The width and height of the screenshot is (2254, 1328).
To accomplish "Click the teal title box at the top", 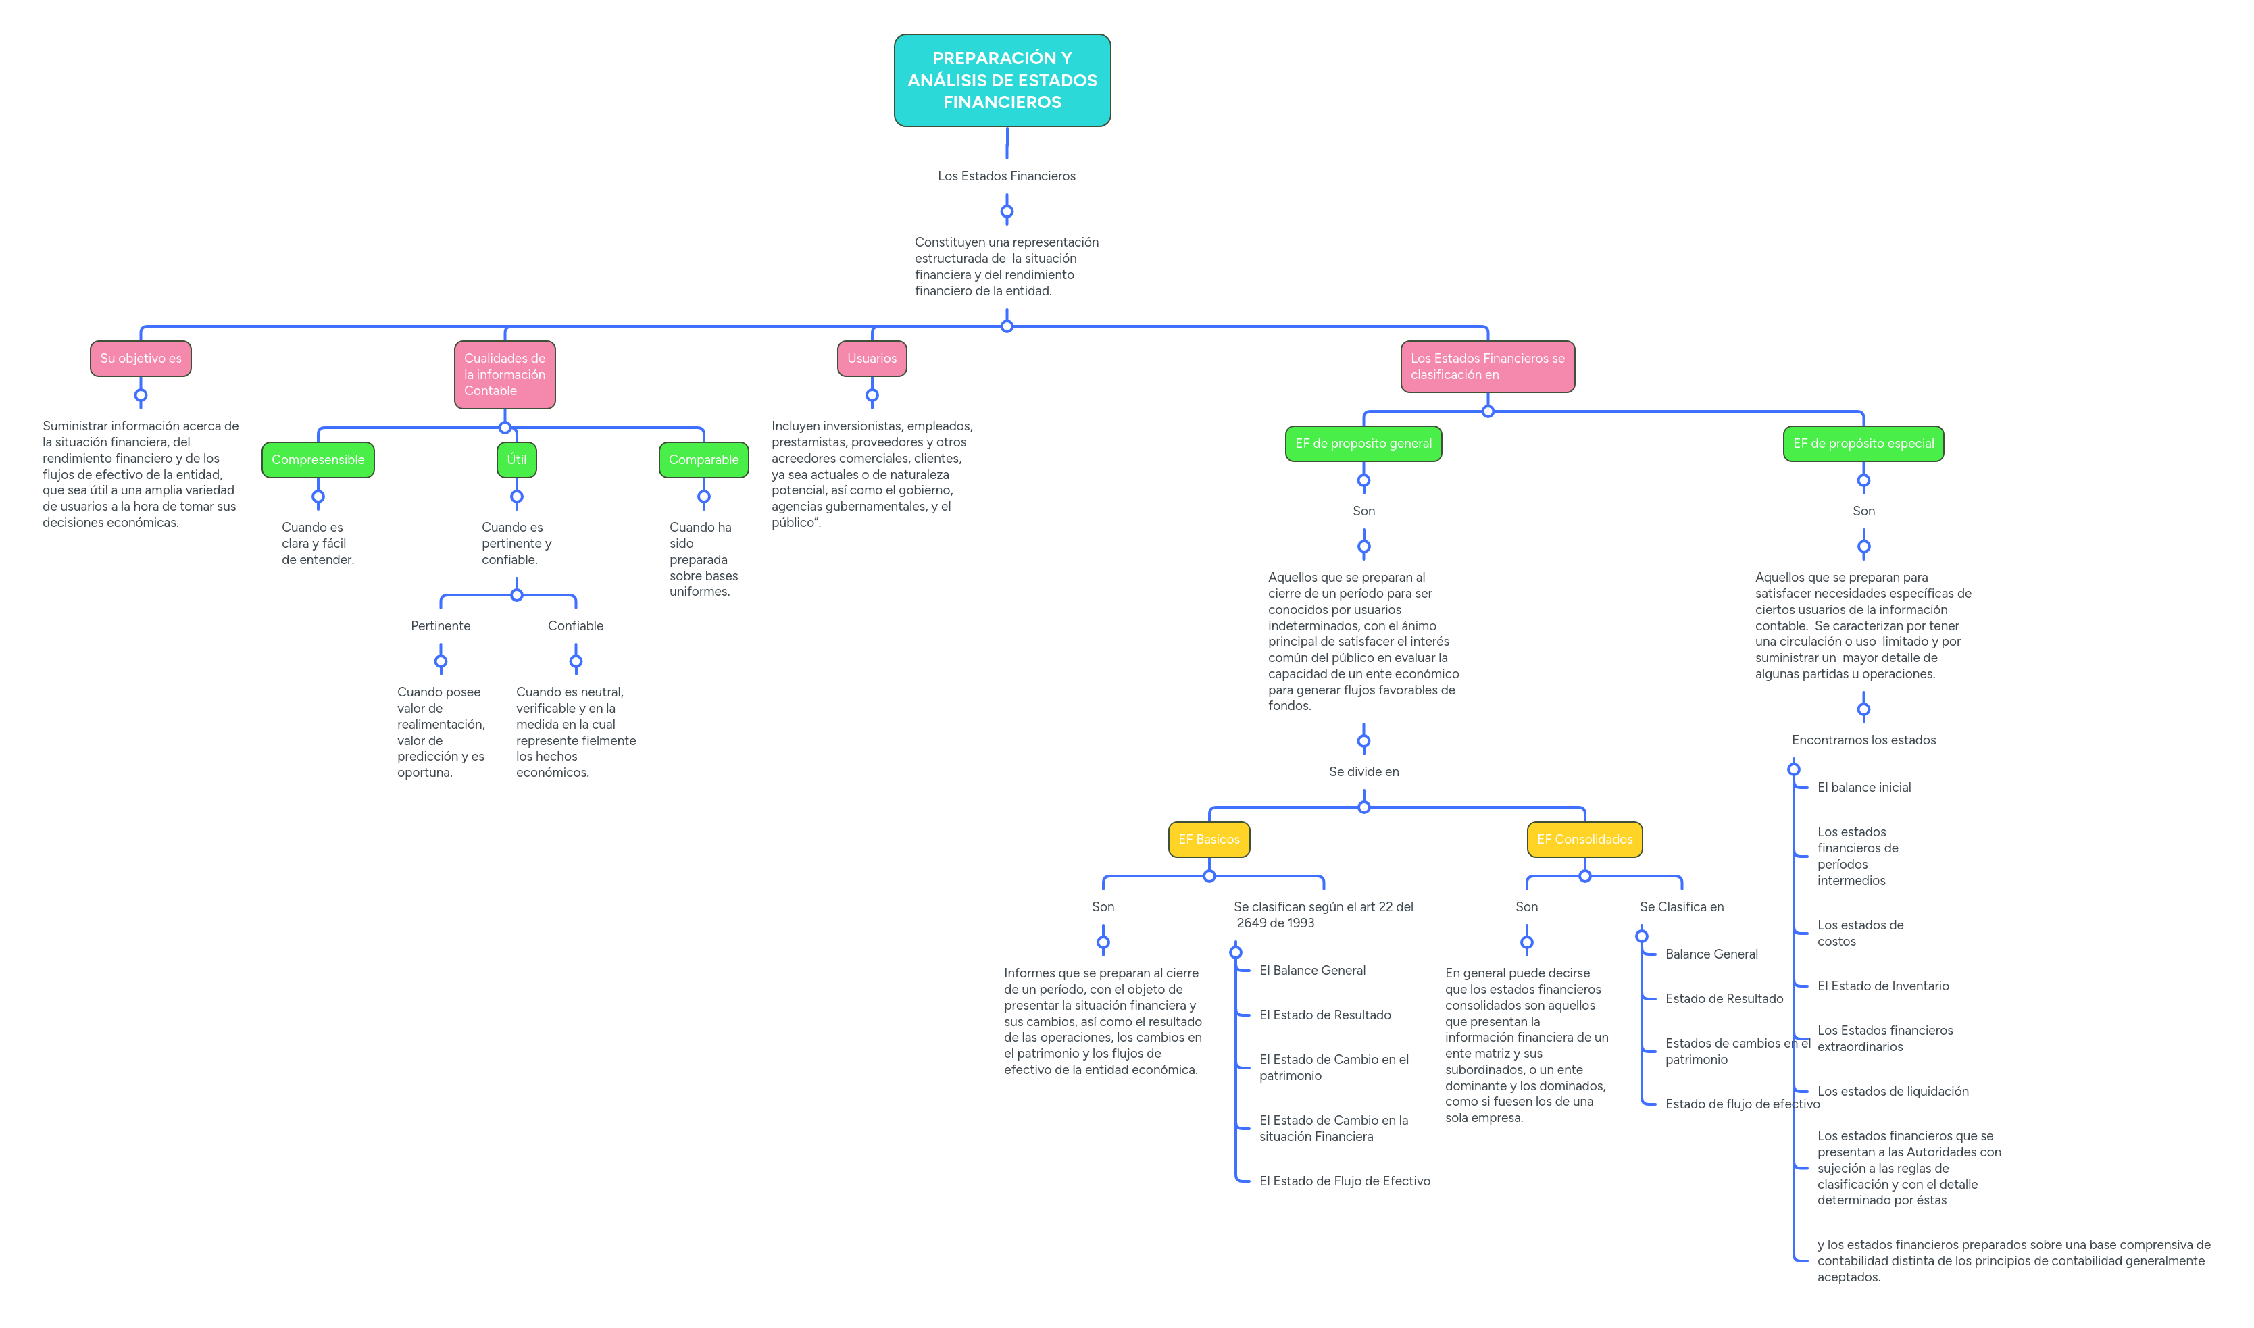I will pos(1002,80).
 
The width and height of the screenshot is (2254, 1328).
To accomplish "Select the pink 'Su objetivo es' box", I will pos(141,358).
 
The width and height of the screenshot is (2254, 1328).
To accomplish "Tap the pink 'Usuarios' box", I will pos(871,358).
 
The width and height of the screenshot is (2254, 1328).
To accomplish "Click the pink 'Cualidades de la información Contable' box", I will pos(504,374).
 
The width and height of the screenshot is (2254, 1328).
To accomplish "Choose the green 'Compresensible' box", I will pos(318,459).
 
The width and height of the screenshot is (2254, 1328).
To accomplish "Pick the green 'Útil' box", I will pos(516,459).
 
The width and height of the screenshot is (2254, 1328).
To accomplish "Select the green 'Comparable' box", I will pos(703,459).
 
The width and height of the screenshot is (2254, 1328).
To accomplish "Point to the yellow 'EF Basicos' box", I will pos(1209,838).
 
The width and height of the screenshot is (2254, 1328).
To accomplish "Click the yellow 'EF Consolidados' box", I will pos(1584,838).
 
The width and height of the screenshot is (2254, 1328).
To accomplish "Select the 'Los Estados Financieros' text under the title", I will pos(1006,176).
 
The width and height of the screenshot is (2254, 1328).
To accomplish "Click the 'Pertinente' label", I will pos(441,625).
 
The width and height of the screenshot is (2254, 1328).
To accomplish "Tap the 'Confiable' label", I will pos(575,625).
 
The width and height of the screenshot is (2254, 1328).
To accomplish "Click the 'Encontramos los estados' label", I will pos(1863,740).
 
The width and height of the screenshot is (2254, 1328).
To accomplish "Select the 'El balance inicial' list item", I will pos(1863,788).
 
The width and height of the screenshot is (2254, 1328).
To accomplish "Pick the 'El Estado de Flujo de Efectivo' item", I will pos(1344,1181).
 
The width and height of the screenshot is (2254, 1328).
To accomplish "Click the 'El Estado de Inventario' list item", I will pos(1882,986).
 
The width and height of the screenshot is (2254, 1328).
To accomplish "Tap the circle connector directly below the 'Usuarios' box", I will pos(871,394).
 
